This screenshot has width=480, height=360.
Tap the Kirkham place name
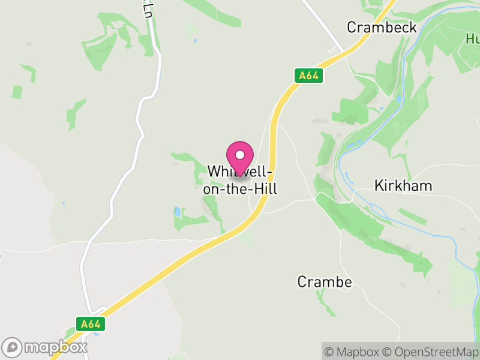pos(403,185)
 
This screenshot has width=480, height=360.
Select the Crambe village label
pos(325,281)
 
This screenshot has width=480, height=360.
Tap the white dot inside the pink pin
pos(240,155)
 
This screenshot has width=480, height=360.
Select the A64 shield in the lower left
pos(91,324)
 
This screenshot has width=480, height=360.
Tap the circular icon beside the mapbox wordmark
pos(13,347)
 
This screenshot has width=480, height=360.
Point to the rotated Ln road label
pos(148,10)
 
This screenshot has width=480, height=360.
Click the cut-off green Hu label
pos(473,40)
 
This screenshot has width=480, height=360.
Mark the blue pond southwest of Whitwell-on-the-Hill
pos(178,212)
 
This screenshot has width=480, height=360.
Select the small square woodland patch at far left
pos(17,92)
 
